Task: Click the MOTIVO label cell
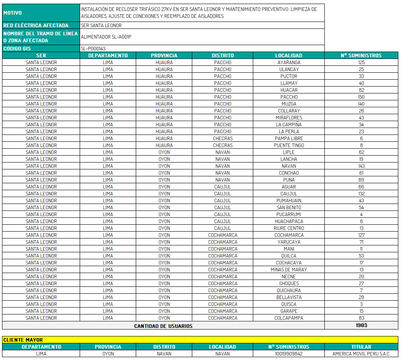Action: point(41,13)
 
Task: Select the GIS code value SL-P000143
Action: point(93,48)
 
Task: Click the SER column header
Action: point(41,55)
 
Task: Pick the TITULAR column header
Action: point(361,347)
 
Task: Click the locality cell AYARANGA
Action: point(289,63)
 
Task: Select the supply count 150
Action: point(361,97)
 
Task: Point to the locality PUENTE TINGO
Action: point(289,145)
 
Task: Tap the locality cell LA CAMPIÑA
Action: point(289,125)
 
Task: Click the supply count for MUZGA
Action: point(361,104)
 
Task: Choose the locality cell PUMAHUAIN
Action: point(289,201)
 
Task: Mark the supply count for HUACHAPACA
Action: point(361,221)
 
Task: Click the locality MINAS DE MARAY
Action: point(289,270)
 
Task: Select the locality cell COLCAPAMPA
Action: point(289,318)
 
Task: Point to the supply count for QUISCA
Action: point(361,304)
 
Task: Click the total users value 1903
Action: point(361,325)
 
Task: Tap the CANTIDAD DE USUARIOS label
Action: point(163,326)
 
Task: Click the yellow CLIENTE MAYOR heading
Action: point(23,340)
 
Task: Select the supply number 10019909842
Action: point(289,354)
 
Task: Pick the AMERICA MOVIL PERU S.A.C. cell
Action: point(361,354)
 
